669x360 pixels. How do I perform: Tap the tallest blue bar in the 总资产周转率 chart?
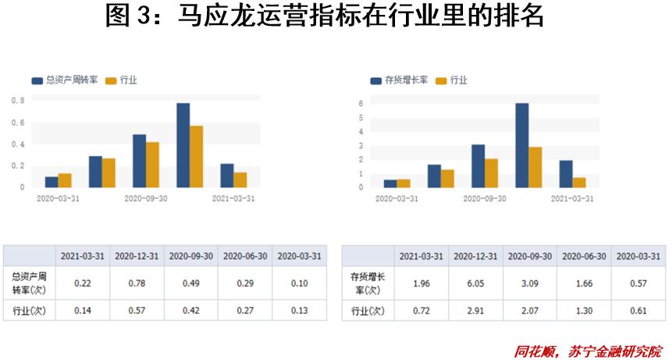(183, 145)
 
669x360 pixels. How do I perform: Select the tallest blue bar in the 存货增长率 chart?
(521, 145)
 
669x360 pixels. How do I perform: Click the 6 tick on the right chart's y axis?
(361, 103)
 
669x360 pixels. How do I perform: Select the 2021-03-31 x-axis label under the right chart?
(572, 199)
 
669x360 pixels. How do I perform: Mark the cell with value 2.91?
(475, 311)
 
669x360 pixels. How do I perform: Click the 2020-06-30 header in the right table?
(584, 256)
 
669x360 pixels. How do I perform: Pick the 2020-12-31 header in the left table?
(136, 256)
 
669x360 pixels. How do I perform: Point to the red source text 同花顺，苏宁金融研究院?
(587, 351)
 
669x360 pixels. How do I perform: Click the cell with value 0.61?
(638, 311)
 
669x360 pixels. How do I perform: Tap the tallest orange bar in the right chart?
(535, 167)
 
